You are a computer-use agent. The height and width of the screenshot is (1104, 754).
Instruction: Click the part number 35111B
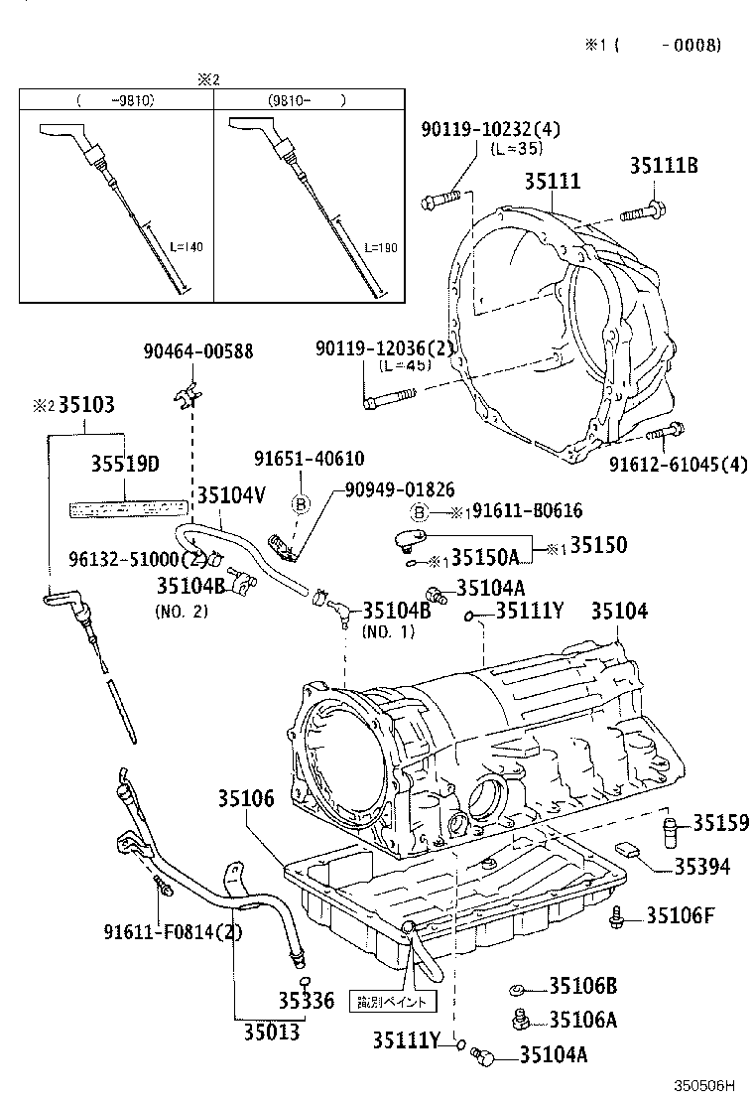(663, 167)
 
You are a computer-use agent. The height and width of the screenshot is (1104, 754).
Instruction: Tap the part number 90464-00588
(197, 350)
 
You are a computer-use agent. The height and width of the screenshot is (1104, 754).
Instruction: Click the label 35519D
(125, 464)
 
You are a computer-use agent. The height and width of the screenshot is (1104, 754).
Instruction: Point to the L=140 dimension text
(185, 247)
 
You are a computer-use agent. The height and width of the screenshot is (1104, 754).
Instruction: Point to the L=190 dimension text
(380, 247)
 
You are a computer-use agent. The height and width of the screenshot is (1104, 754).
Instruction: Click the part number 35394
(701, 867)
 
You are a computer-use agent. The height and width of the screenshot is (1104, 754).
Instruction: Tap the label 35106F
(681, 914)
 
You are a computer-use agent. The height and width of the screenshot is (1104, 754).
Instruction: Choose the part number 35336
(307, 1000)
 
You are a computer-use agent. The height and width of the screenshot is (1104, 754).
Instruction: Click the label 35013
(271, 1032)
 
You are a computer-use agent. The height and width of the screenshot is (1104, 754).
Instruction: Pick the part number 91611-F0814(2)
(173, 931)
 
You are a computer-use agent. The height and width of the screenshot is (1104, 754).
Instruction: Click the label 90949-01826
(400, 489)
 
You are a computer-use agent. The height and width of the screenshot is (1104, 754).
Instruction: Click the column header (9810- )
(307, 100)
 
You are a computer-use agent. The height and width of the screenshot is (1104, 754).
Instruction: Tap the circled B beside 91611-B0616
(420, 512)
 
